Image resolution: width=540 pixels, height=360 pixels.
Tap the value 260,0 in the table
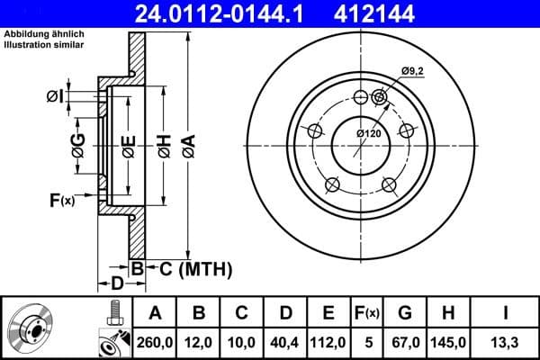pos(156,341)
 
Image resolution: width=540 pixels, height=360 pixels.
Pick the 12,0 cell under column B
pos(199,341)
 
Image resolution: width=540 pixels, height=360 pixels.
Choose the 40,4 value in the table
pos(285,341)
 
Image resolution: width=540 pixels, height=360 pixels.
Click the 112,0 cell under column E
pos(328,341)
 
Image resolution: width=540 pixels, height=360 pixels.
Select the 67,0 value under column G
pos(405,341)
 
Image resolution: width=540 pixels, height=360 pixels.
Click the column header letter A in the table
pos(156,313)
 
